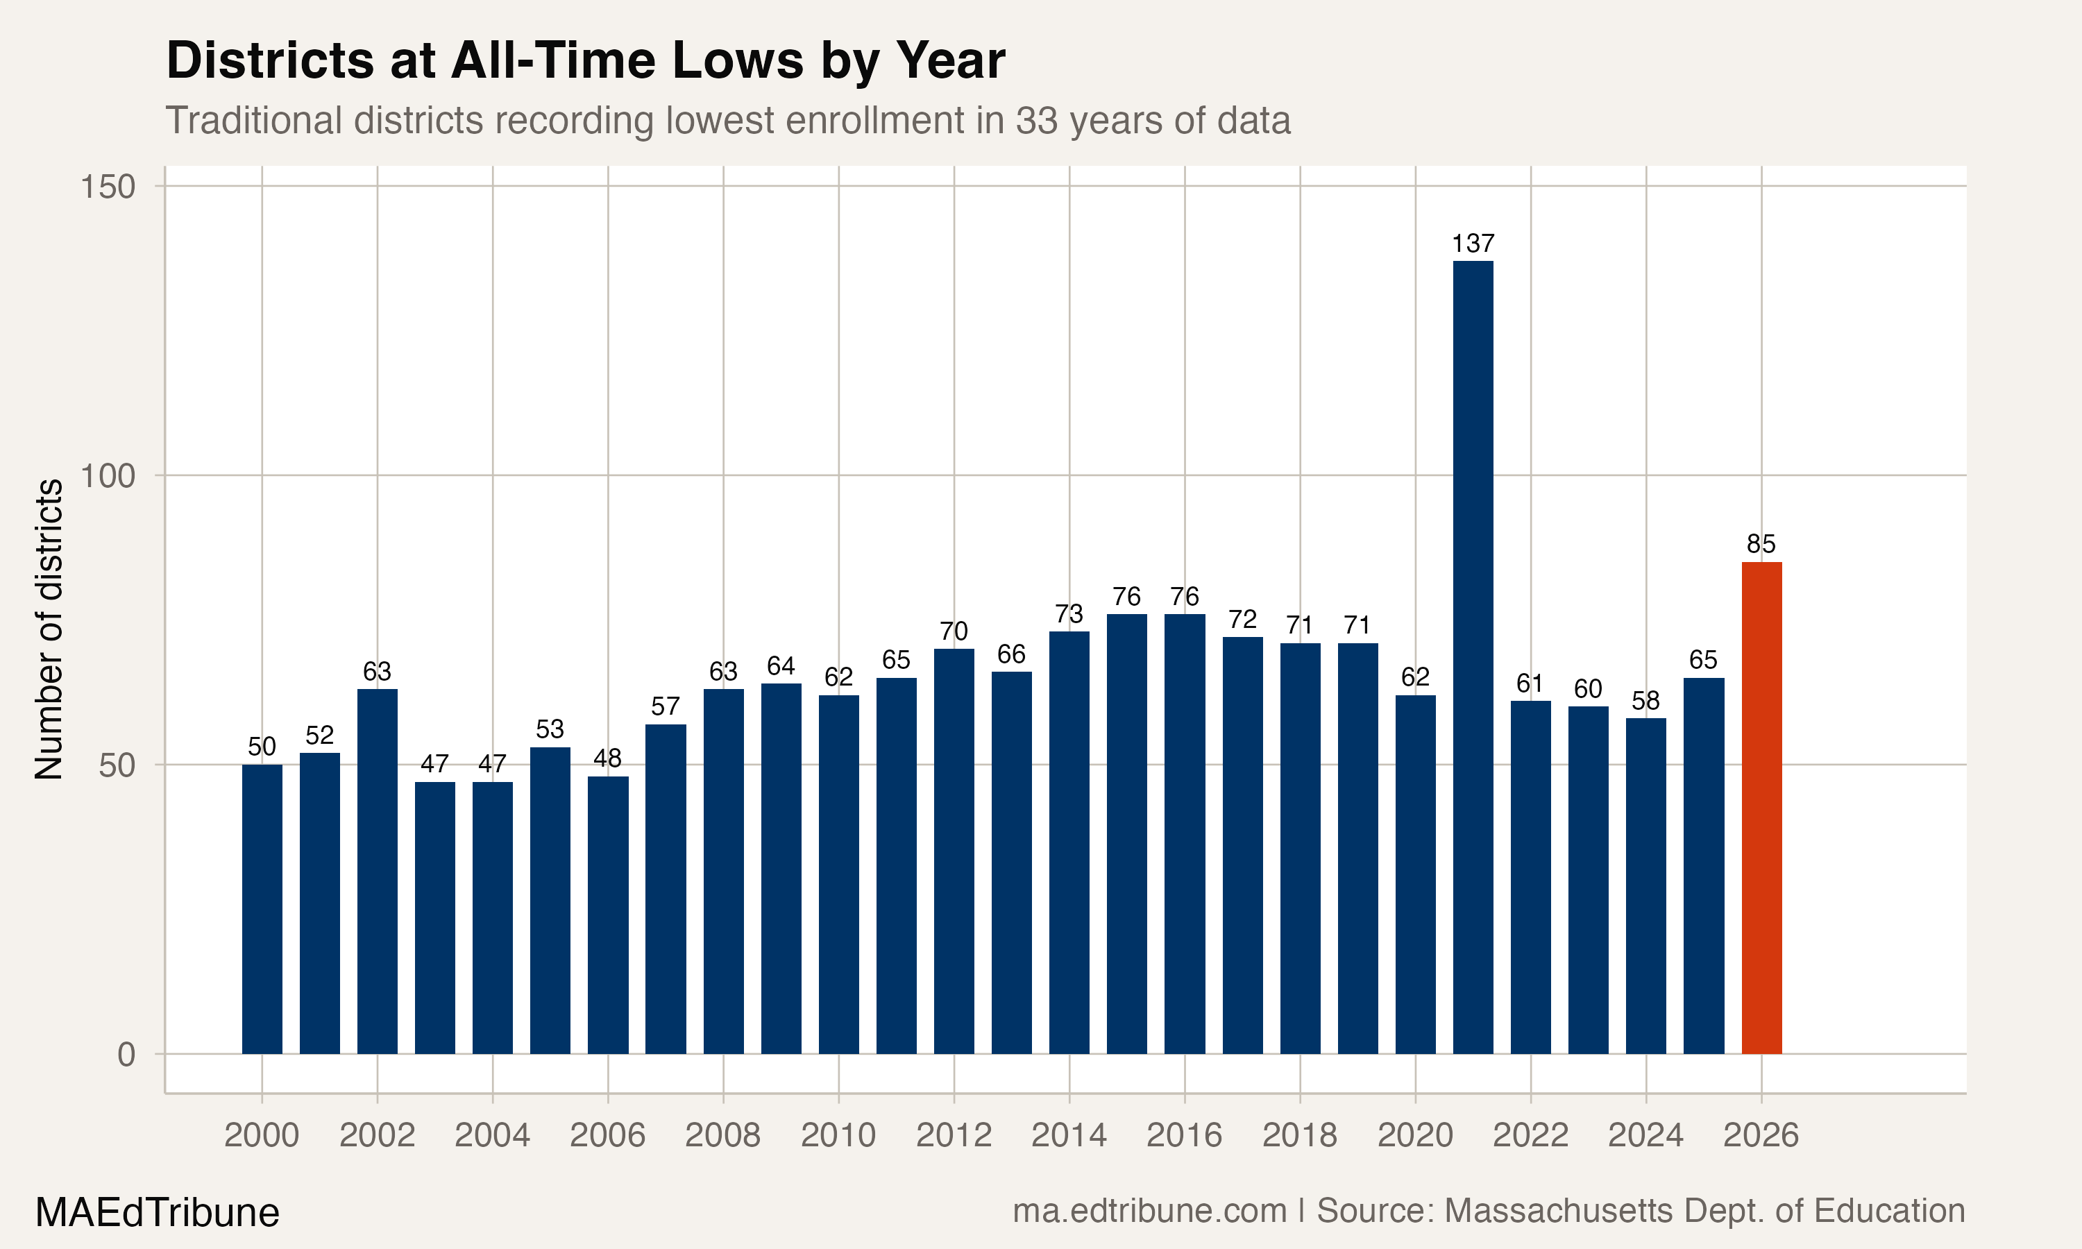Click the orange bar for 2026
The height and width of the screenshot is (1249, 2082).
point(1761,808)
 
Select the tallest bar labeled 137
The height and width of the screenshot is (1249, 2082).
point(1473,656)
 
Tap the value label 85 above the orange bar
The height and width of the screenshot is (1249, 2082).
point(1761,544)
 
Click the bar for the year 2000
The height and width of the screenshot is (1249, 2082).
point(262,909)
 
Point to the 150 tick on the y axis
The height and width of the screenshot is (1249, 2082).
point(108,187)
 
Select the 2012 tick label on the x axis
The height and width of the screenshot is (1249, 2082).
point(954,1135)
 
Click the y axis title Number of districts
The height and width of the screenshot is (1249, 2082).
point(49,629)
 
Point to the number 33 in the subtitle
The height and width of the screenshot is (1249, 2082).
point(1037,120)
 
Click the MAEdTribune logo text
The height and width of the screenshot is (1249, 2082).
point(157,1213)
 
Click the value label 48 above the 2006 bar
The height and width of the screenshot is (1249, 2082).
point(608,758)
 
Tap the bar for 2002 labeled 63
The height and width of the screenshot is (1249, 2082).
point(377,871)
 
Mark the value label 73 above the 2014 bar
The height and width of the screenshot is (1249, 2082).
point(1069,613)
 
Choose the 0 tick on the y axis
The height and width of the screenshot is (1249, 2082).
point(126,1055)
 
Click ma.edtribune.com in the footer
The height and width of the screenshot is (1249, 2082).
point(1149,1210)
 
